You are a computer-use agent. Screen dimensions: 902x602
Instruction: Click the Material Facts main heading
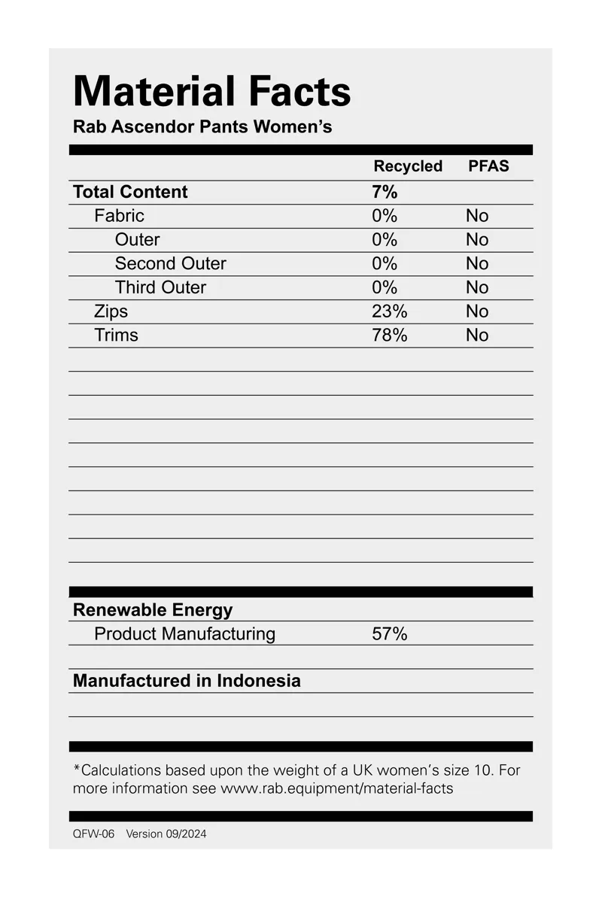click(x=211, y=91)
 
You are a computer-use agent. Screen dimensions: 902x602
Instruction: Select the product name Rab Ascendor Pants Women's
click(x=202, y=126)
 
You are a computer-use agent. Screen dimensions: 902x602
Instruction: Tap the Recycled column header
click(x=408, y=166)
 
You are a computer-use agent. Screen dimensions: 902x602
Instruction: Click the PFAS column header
click(x=488, y=166)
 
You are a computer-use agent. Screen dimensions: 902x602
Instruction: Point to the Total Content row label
click(x=130, y=192)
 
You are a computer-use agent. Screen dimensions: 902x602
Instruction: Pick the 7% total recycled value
click(x=385, y=192)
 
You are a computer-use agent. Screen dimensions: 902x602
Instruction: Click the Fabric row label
click(x=119, y=216)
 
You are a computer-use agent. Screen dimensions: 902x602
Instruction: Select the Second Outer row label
click(x=170, y=263)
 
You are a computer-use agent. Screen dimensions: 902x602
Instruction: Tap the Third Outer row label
click(x=160, y=287)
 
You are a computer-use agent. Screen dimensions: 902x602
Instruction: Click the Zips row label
click(x=111, y=311)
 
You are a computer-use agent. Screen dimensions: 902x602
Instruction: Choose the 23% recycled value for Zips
click(x=389, y=311)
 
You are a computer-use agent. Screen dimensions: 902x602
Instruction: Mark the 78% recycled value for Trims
click(x=389, y=336)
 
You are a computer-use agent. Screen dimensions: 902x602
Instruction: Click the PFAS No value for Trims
click(x=477, y=336)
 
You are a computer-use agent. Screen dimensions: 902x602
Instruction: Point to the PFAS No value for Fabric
click(x=477, y=216)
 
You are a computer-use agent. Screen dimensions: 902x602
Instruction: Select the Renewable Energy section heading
click(x=153, y=610)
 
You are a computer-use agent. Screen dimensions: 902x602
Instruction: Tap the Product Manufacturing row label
click(x=184, y=634)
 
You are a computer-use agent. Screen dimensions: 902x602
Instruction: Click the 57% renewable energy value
click(x=389, y=634)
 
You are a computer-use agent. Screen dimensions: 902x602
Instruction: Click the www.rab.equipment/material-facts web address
click(x=336, y=789)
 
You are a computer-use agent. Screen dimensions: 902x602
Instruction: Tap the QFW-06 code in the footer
click(x=93, y=834)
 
